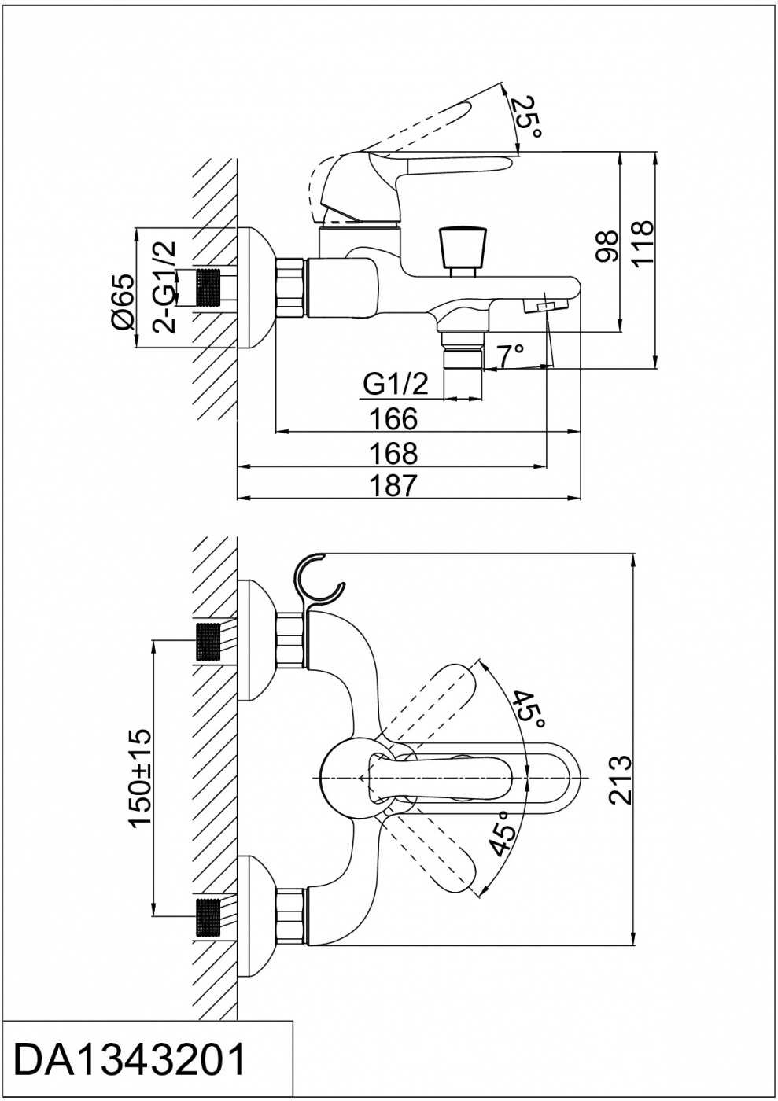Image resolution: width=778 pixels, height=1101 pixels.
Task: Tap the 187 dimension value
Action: [x=393, y=486]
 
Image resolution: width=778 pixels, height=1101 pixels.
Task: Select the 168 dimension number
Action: [x=393, y=453]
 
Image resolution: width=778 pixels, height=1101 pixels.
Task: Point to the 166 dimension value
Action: [x=393, y=419]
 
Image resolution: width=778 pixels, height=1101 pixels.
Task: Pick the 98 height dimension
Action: [x=606, y=246]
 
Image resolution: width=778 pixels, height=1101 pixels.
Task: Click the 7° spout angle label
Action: [x=509, y=355]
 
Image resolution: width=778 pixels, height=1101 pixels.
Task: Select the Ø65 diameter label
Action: [x=123, y=302]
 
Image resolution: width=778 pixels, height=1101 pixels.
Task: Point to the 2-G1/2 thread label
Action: [x=164, y=288]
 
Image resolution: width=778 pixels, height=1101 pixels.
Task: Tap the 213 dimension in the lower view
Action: [x=620, y=780]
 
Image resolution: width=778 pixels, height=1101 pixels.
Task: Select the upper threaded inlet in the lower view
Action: [x=209, y=642]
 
